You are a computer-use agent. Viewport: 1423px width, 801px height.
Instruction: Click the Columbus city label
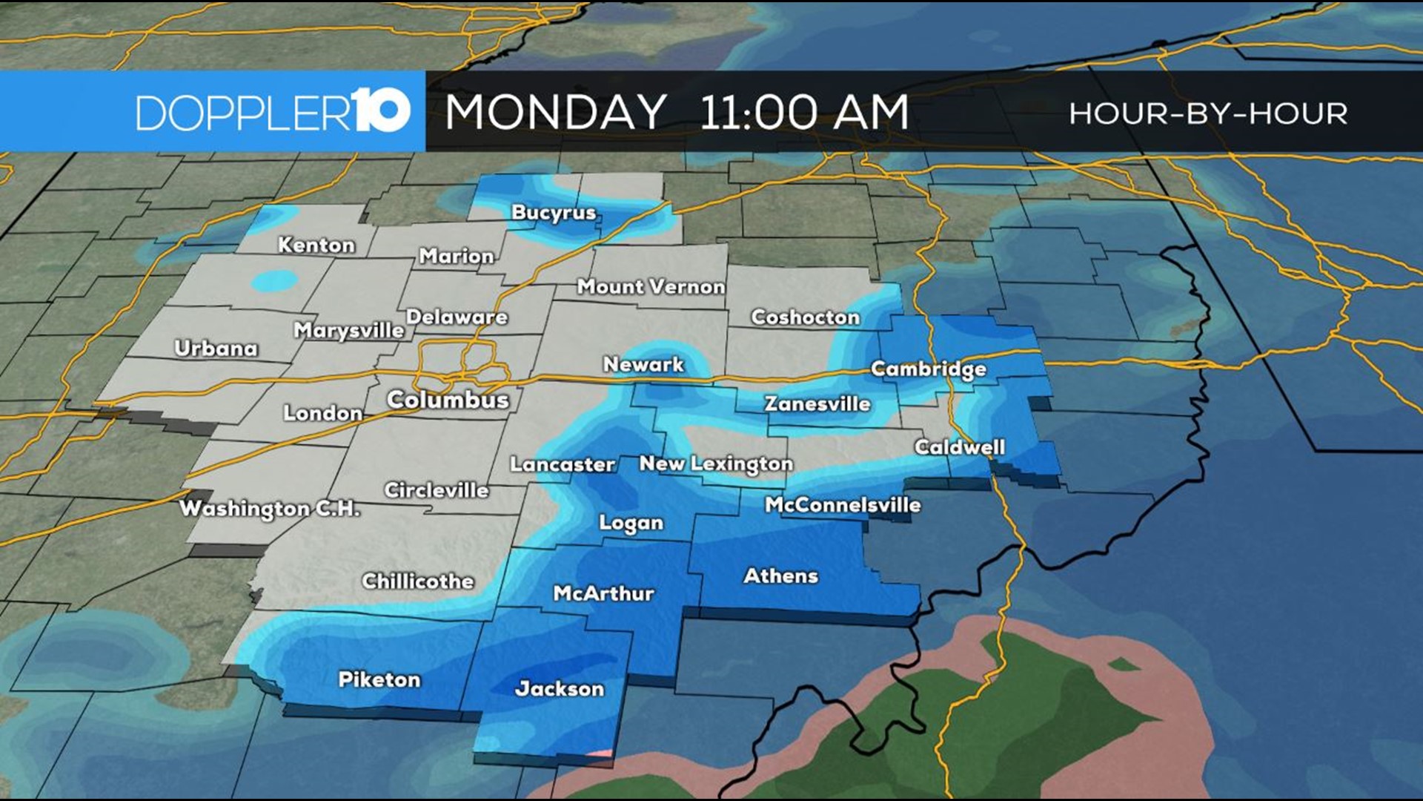[x=448, y=400]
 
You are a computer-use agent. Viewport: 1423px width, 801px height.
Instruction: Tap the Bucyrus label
[x=554, y=213]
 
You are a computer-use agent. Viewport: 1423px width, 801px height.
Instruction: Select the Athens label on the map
[x=780, y=576]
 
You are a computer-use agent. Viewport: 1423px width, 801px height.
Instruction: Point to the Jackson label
[x=560, y=689]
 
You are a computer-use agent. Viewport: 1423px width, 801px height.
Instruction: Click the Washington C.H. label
[x=270, y=509]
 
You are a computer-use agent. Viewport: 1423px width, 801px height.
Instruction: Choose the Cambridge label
[x=928, y=369]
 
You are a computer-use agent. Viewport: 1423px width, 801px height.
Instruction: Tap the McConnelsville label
[x=843, y=506]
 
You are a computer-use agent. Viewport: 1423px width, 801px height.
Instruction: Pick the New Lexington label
[x=716, y=464]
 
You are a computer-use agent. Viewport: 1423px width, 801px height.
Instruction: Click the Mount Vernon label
[x=651, y=287]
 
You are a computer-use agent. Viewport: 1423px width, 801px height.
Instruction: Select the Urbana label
[x=216, y=349]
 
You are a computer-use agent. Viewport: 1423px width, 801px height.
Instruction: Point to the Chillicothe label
[x=418, y=581]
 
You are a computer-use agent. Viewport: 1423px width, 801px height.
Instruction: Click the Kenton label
[x=316, y=245]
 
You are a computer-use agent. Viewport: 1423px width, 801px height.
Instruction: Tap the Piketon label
[x=379, y=680]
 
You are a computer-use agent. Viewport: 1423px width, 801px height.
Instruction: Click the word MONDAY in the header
[x=555, y=113]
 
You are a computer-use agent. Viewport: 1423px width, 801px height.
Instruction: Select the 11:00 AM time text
[x=803, y=113]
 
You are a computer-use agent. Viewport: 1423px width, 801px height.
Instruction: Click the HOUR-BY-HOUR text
[x=1208, y=114]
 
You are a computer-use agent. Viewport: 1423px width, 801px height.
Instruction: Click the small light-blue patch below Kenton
[x=273, y=281]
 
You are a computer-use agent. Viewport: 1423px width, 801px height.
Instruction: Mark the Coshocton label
[x=805, y=317]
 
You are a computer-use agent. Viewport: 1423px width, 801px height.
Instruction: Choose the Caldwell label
[x=959, y=447]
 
